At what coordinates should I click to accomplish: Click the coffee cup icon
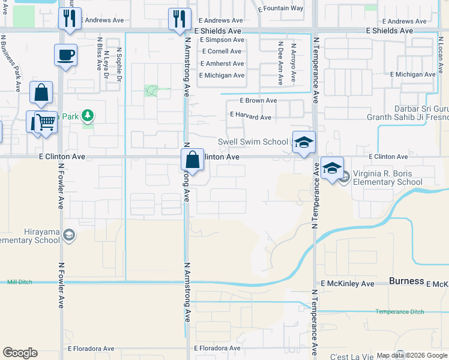pyautogui.click(x=66, y=55)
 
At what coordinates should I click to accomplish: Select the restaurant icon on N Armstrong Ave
pyautogui.click(x=179, y=19)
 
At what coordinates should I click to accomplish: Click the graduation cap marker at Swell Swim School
pyautogui.click(x=304, y=142)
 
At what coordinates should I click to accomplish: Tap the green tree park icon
pyautogui.click(x=88, y=114)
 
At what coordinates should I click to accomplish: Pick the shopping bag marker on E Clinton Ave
pyautogui.click(x=192, y=160)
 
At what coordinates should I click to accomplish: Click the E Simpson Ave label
pyautogui.click(x=223, y=40)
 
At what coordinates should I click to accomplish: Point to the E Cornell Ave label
pyautogui.click(x=222, y=52)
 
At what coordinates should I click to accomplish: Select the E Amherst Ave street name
pyautogui.click(x=222, y=64)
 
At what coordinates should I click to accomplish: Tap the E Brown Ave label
pyautogui.click(x=258, y=101)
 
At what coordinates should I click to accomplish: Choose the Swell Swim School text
pyautogui.click(x=252, y=142)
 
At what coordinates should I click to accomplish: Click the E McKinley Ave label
pyautogui.click(x=347, y=283)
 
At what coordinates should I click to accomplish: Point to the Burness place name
pyautogui.click(x=406, y=281)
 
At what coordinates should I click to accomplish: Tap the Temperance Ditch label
pyautogui.click(x=399, y=311)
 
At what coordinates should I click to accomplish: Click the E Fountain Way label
pyautogui.click(x=280, y=8)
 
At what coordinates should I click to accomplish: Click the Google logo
pyautogui.click(x=20, y=353)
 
